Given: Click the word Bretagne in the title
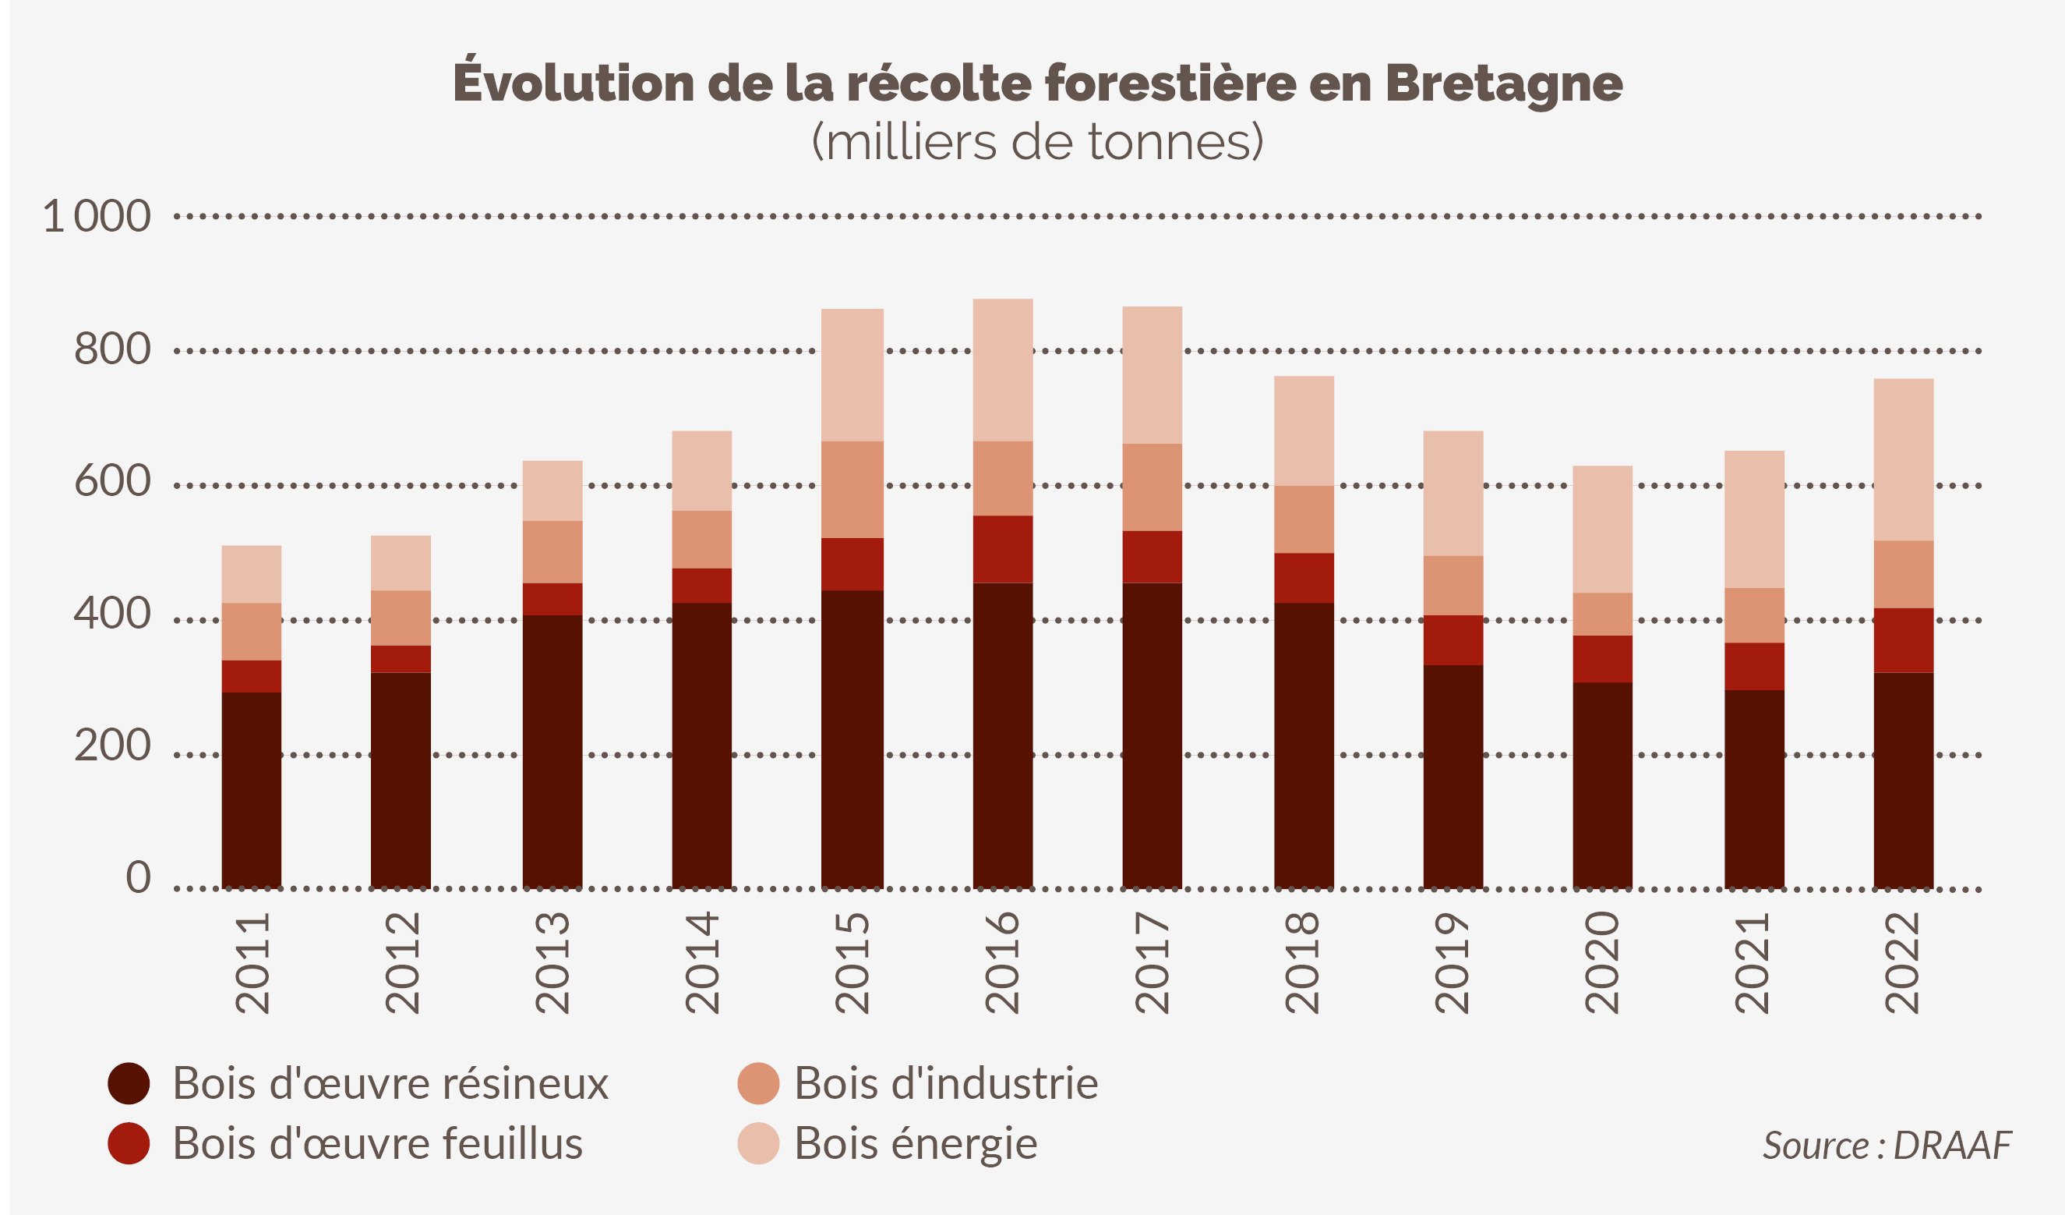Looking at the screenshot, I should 1504,83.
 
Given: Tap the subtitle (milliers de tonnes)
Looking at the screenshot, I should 1036,142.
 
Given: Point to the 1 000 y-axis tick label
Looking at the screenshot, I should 97,217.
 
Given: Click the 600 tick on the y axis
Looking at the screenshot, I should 112,481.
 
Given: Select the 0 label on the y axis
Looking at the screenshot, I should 138,877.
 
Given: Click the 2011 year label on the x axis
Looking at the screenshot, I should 252,963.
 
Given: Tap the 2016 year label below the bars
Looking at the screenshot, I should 1002,963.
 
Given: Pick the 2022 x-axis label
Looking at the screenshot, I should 1903,963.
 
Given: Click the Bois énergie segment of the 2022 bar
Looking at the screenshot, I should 1904,459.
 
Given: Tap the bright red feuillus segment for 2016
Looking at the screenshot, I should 1003,549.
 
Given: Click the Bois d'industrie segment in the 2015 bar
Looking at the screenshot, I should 852,490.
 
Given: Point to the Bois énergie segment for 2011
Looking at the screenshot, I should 252,574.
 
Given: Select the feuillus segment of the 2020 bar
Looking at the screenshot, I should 1602,659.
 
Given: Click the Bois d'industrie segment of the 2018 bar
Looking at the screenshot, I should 1304,519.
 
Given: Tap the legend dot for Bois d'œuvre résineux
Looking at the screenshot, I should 129,1084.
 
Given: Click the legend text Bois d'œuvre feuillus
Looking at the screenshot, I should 377,1144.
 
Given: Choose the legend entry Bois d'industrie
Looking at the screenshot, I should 946,1084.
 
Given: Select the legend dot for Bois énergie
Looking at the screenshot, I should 758,1144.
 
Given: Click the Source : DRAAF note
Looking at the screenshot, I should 1887,1146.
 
